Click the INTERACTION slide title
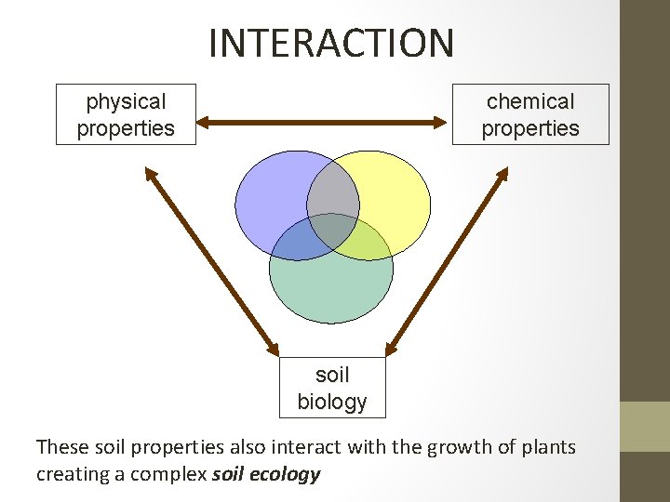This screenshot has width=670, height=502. [x=331, y=43]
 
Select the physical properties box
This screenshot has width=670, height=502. [x=126, y=114]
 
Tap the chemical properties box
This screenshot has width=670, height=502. [x=530, y=114]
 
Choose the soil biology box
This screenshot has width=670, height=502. [x=332, y=388]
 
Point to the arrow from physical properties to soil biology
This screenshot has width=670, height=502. [x=212, y=259]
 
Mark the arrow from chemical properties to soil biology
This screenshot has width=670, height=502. [x=448, y=259]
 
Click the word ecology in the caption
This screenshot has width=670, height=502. [x=292, y=474]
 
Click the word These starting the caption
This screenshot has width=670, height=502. [x=62, y=447]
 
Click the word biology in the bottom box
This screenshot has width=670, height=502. [x=332, y=403]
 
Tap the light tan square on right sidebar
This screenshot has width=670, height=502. [x=644, y=426]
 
